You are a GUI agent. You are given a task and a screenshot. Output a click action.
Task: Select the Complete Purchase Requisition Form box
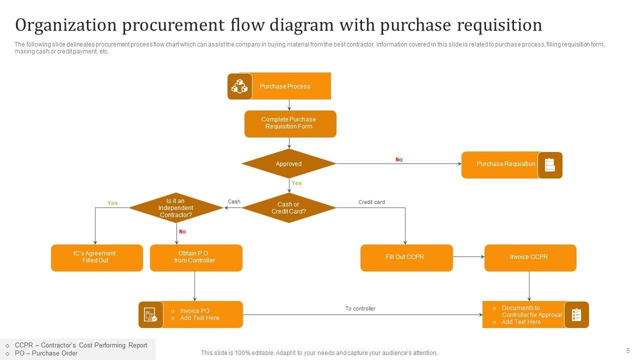tap(290, 123)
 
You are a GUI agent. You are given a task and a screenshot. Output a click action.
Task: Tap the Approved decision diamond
tap(289, 164)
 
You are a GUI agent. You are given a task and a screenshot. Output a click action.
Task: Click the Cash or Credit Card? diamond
tap(289, 208)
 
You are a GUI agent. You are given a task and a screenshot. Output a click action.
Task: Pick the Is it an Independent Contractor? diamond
tap(175, 208)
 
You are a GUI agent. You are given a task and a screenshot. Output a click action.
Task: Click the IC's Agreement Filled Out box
tap(96, 257)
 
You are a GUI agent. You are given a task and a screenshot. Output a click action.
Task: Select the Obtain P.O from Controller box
tap(196, 257)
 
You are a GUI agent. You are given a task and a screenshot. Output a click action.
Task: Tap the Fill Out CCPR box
tap(406, 257)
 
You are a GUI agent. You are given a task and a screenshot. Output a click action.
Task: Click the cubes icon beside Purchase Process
tap(239, 86)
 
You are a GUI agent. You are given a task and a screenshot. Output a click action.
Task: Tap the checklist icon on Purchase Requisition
tap(550, 165)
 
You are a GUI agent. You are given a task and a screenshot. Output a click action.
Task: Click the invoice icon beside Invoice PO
tap(150, 314)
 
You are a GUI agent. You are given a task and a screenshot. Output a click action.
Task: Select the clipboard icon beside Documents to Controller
tap(576, 314)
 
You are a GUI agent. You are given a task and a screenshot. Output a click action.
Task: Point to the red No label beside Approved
tap(399, 160)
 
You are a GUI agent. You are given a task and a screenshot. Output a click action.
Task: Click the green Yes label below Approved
tap(296, 183)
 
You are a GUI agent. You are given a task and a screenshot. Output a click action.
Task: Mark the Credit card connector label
tap(371, 202)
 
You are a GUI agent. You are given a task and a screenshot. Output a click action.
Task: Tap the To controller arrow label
tap(360, 308)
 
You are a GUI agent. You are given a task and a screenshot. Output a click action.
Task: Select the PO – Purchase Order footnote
tap(46, 353)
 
